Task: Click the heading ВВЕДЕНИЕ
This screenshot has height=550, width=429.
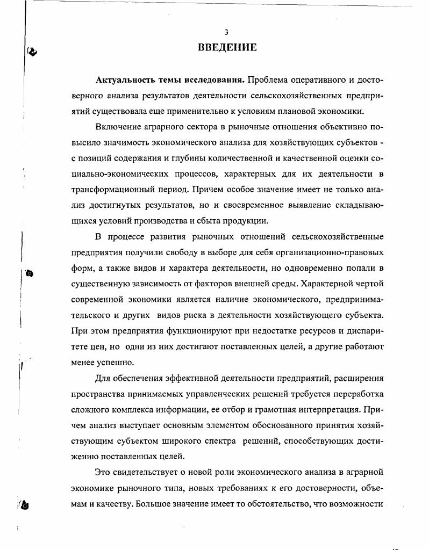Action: pos(227,48)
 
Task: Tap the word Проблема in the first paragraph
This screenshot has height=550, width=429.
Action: pos(270,80)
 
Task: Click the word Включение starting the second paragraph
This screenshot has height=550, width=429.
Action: pos(119,127)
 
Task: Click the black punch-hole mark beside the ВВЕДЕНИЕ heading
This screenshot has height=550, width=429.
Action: pos(32,52)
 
